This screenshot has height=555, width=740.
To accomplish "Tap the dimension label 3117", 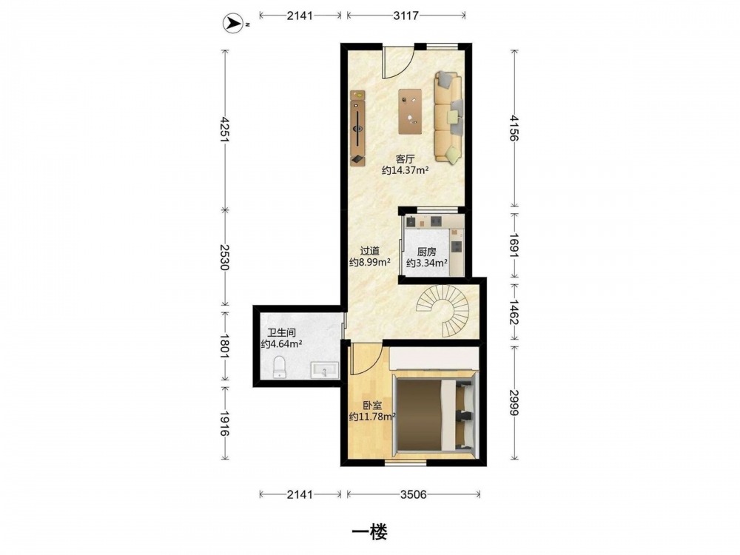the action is [x=406, y=16].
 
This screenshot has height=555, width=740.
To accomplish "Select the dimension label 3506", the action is [x=414, y=494].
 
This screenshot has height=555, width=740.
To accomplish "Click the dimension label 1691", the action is [x=514, y=246].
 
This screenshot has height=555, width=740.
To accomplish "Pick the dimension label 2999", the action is [x=514, y=403].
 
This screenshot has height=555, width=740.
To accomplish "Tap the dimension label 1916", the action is [x=225, y=423].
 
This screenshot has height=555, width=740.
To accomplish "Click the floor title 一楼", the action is [x=369, y=533].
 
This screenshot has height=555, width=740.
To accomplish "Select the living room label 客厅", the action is [x=405, y=159].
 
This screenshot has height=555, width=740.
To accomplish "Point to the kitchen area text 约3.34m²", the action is [x=427, y=263].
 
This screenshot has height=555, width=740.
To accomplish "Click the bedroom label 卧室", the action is [x=372, y=405].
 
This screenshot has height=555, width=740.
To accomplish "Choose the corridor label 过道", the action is [x=369, y=251].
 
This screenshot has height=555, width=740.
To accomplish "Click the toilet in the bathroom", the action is [x=280, y=368].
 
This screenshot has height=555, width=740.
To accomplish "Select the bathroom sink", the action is [x=324, y=370].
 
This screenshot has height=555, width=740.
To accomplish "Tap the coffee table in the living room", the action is [x=410, y=112].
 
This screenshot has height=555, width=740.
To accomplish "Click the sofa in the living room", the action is [x=448, y=118].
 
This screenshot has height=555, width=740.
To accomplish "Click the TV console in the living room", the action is [x=357, y=128].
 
